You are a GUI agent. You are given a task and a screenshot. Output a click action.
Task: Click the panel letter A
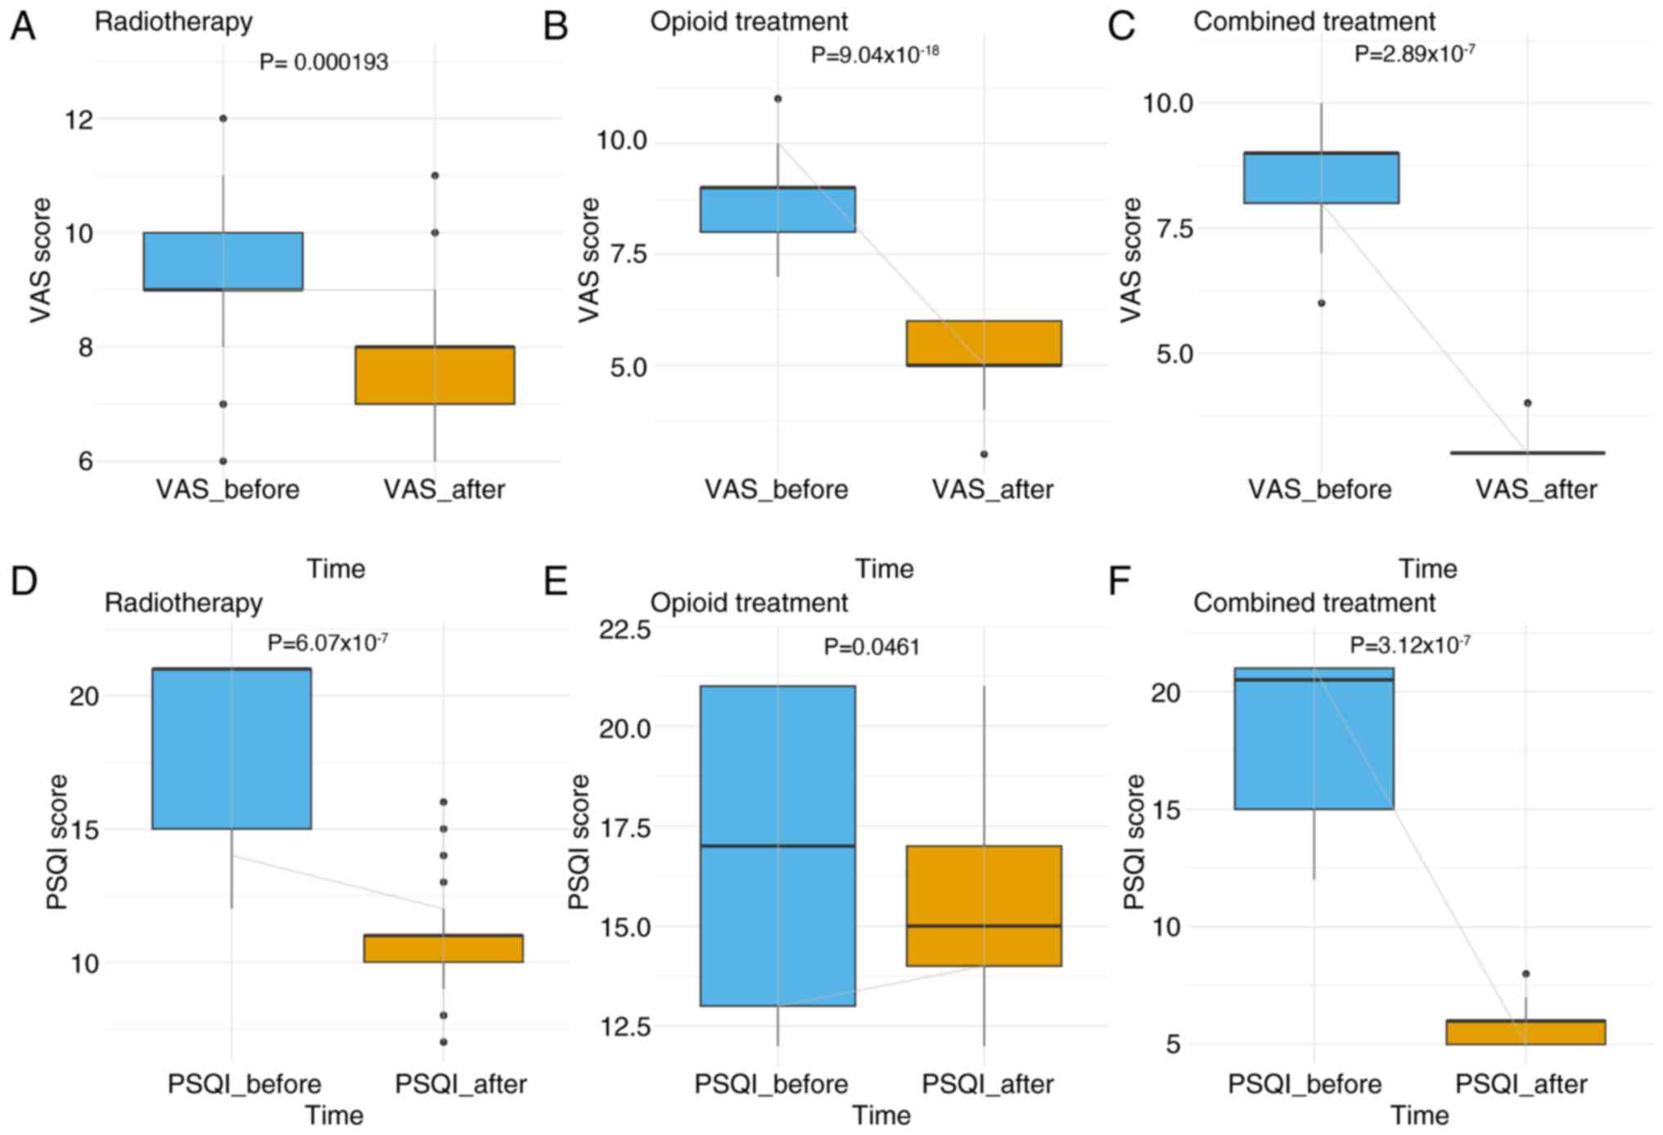pos(23,26)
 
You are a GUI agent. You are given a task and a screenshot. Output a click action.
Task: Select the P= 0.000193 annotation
pos(323,62)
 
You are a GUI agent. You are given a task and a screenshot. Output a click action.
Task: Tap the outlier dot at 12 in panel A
pos(223,119)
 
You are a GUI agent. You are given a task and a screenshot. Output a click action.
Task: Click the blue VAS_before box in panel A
pos(223,261)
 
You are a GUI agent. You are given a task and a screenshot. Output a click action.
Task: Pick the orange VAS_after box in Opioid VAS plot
pos(984,343)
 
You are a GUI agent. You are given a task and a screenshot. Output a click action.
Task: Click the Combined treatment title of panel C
pos(1314,21)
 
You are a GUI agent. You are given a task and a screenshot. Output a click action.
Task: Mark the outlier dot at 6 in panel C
pos(1321,304)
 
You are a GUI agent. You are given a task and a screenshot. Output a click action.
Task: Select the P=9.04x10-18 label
pos(874,55)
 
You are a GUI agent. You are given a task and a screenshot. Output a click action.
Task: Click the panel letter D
pos(24,581)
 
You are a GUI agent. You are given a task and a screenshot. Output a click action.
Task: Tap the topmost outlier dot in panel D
pos(444,802)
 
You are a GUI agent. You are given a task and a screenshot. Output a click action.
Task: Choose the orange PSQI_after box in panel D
pos(444,948)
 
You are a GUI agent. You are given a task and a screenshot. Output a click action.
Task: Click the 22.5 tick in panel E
pos(624,630)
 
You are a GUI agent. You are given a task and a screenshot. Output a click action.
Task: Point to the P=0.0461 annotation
pos(872,647)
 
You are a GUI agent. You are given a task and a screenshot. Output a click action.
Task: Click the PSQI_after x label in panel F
pos(1521,1084)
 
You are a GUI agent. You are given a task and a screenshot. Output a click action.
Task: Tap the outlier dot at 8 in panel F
pos(1526,974)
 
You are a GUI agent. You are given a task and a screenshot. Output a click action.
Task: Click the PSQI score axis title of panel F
pos(1134,842)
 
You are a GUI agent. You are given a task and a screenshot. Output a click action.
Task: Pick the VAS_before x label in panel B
pos(777,489)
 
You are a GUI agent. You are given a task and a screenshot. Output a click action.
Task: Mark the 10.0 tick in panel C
pos(1168,104)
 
